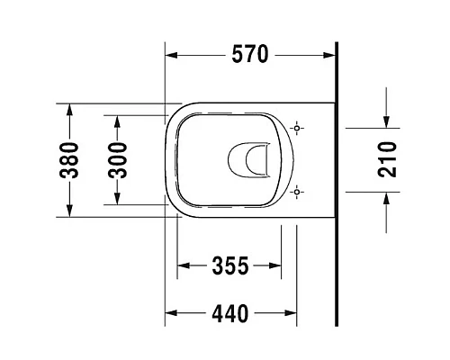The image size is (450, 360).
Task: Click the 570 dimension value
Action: [x=250, y=55]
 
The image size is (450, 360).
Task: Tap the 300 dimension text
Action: [x=119, y=159]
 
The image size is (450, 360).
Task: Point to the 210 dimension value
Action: [x=388, y=159]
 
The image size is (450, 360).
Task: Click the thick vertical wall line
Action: [x=335, y=180]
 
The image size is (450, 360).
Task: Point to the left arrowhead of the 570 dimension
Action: [x=172, y=55]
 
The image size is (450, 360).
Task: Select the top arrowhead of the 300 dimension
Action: [x=119, y=121]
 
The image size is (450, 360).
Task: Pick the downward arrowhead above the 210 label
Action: [x=387, y=123]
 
